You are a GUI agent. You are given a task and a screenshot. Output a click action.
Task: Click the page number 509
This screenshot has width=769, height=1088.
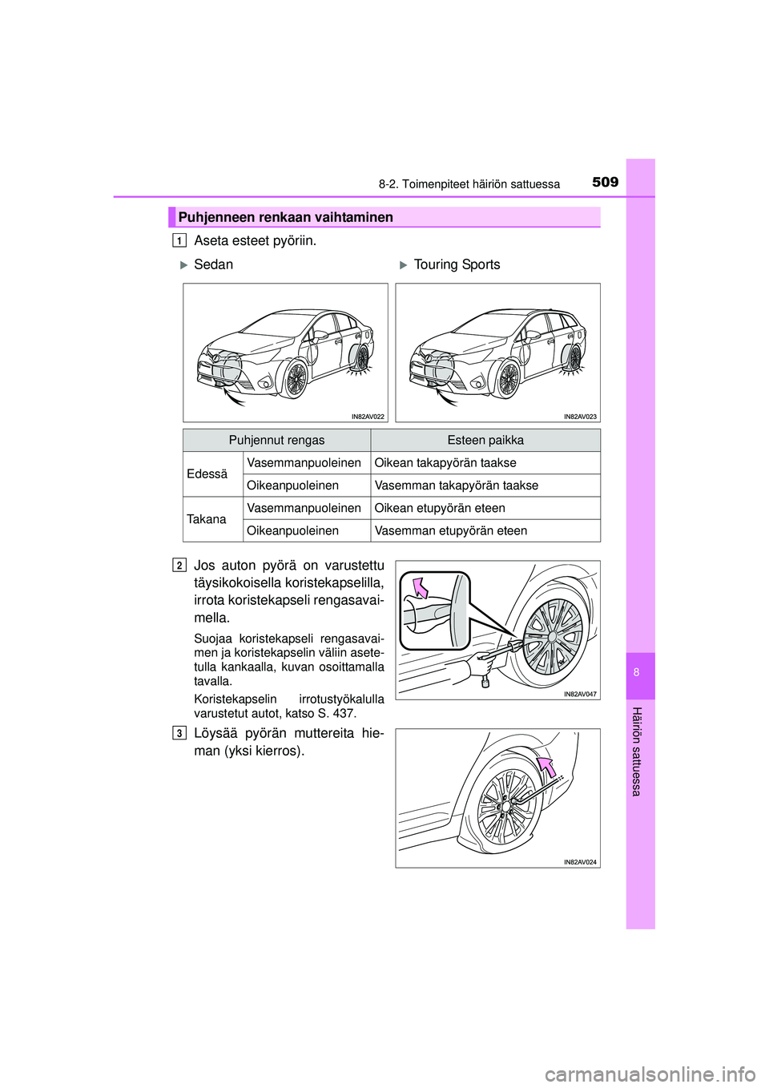[x=605, y=182]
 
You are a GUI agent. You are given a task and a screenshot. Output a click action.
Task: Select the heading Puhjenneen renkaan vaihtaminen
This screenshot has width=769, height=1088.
[x=286, y=217]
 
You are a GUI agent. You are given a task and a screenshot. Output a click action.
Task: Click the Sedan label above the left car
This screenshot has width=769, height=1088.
[x=213, y=264]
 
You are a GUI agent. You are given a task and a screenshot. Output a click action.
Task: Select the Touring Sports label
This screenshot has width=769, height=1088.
[x=457, y=264]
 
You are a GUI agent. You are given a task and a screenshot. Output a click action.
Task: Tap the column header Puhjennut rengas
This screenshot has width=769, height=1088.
[x=276, y=440]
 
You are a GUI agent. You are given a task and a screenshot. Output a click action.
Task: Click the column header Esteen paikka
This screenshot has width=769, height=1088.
[x=485, y=440]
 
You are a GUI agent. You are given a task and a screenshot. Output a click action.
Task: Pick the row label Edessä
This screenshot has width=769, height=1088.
[x=207, y=473]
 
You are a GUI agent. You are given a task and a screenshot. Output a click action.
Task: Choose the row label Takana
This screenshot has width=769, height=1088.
[x=207, y=519]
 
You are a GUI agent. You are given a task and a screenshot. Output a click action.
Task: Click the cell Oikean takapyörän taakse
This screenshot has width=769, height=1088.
[x=445, y=462]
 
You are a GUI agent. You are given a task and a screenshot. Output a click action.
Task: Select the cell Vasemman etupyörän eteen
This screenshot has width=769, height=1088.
[x=451, y=530]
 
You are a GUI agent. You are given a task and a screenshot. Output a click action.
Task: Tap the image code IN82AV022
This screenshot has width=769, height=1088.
[x=368, y=417]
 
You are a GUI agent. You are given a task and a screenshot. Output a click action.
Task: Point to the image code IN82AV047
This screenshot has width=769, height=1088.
[x=580, y=694]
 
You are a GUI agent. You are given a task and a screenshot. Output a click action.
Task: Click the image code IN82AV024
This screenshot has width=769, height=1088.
[x=580, y=862]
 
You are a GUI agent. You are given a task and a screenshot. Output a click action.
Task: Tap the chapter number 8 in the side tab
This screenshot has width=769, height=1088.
[x=637, y=672]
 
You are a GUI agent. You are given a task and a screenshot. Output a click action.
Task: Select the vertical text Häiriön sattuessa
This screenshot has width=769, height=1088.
[x=637, y=752]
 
